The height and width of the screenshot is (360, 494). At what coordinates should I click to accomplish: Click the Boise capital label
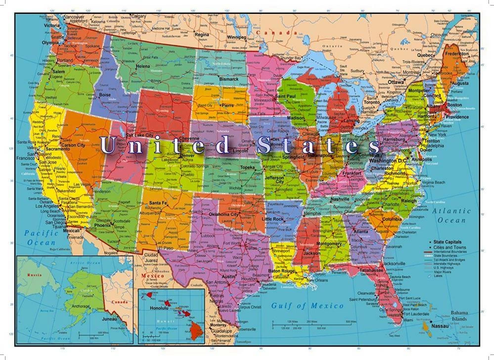pyautogui.click(x=105, y=94)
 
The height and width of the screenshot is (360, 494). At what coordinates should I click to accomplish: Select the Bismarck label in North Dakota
pyautogui.click(x=229, y=79)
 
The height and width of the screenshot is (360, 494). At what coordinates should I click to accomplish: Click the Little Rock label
pyautogui.click(x=273, y=219)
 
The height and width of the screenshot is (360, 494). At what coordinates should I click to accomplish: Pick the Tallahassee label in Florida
pyautogui.click(x=371, y=270)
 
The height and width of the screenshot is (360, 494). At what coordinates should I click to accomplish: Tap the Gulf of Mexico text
pyautogui.click(x=307, y=306)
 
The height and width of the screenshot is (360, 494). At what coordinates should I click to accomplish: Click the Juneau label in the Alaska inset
pyautogui.click(x=109, y=319)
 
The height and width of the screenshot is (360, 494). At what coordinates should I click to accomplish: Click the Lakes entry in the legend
pyautogui.click(x=439, y=276)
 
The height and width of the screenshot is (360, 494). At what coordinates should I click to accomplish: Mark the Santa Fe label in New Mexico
pyautogui.click(x=158, y=203)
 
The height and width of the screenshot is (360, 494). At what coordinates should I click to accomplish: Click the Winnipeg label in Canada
pyautogui.click(x=236, y=37)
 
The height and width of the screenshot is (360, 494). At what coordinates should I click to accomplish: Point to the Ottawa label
pyautogui.click(x=397, y=82)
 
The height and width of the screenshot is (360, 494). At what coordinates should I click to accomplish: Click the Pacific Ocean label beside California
pyautogui.click(x=42, y=238)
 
